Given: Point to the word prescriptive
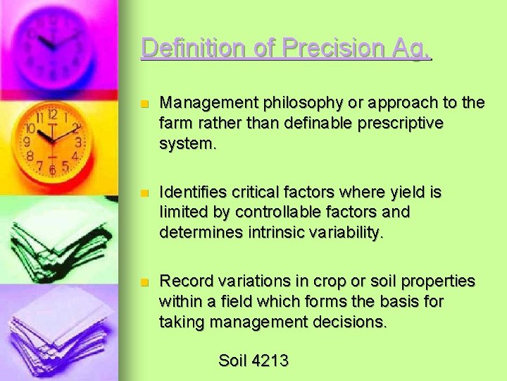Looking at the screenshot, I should coord(399,123).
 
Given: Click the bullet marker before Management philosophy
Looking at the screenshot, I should coord(145,104).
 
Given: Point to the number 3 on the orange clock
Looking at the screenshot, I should coord(79,142).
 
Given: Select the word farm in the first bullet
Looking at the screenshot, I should coord(176,123).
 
